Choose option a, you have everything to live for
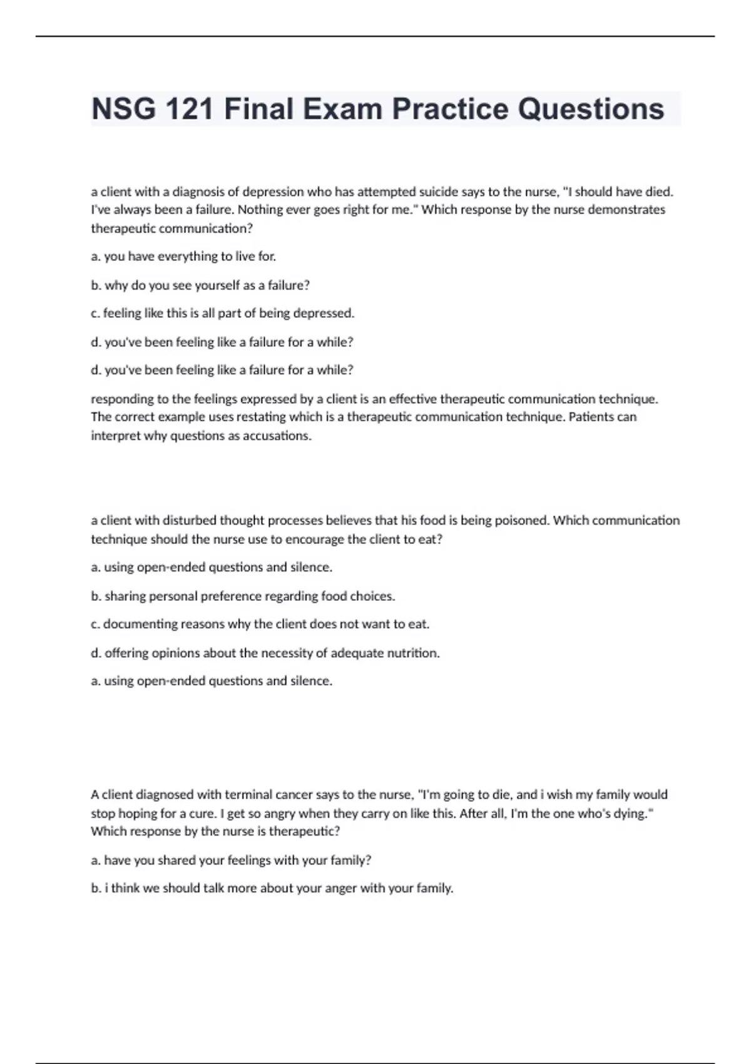point(183,257)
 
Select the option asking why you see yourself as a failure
point(200,285)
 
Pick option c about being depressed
point(223,314)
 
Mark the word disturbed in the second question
point(188,521)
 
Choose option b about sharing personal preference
point(243,596)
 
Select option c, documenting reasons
point(260,625)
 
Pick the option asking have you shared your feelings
point(231,861)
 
